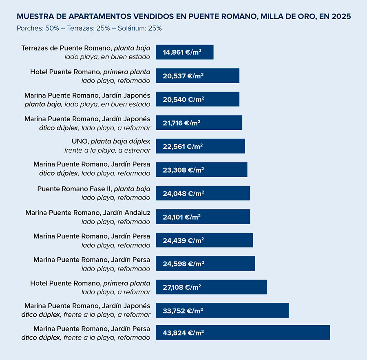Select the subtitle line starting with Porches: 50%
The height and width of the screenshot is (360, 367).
click(89, 28)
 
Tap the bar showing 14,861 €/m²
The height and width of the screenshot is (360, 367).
click(184, 52)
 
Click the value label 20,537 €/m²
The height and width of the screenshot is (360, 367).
click(183, 76)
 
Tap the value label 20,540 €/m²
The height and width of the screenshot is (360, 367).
click(183, 99)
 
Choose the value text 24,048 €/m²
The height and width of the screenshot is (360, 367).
click(183, 193)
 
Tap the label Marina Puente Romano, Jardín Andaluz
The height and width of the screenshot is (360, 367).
click(88, 213)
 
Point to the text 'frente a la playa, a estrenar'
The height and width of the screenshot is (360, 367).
click(107, 150)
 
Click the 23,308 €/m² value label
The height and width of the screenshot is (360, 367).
click(183, 170)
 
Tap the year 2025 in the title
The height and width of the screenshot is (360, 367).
click(341, 17)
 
